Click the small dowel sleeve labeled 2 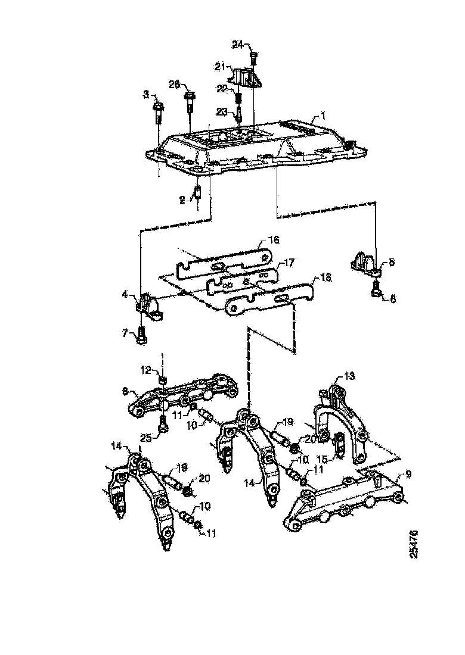(x=199, y=194)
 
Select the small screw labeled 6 (x=376, y=291)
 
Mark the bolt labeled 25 (x=162, y=424)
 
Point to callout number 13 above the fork (x=349, y=376)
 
